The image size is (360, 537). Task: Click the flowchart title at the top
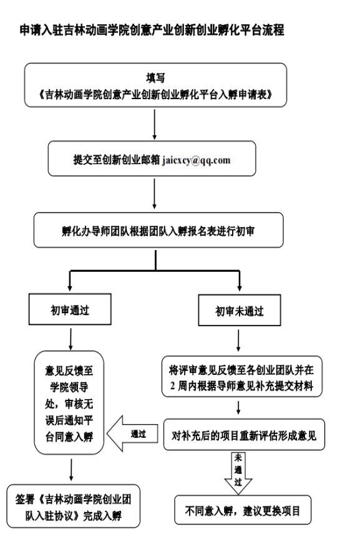point(152,30)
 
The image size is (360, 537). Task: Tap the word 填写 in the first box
point(155,78)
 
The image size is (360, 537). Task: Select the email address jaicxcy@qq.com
point(197,160)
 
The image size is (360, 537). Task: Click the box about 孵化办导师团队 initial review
point(158,230)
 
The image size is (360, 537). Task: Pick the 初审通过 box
point(70,309)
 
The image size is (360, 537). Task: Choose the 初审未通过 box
point(240,310)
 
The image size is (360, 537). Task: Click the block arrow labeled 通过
point(132,433)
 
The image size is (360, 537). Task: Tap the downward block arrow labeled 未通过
point(238,473)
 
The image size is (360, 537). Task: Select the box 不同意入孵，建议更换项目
point(243,510)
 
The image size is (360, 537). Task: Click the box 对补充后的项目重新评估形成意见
point(244,435)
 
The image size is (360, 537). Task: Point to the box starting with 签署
point(73,506)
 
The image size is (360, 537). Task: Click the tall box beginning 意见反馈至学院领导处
point(69,403)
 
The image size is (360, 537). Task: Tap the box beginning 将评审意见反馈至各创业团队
point(242,376)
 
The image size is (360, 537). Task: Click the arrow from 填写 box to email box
point(155,125)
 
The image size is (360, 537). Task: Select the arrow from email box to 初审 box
point(155,194)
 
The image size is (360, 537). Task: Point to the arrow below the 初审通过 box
point(71,339)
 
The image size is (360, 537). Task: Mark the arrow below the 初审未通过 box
point(238,341)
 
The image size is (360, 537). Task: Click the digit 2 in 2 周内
point(173,386)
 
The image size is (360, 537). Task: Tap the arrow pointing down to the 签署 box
point(71,470)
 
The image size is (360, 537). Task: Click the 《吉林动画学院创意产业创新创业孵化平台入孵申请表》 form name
point(155,95)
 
